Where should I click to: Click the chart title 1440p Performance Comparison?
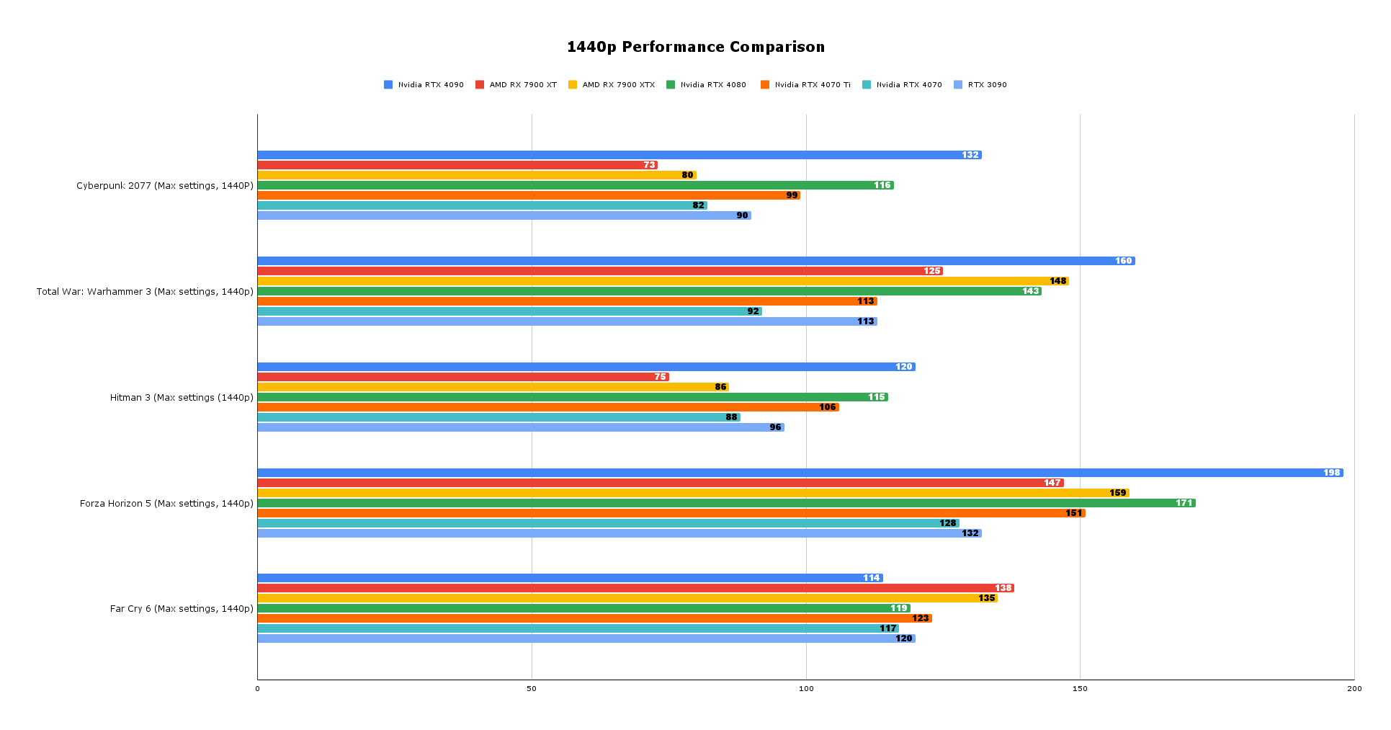tap(695, 48)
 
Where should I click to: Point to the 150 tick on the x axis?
tap(1080, 689)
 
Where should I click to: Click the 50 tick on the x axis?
tap(532, 689)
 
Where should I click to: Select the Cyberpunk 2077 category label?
tap(165, 186)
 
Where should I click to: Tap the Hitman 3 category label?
tap(182, 398)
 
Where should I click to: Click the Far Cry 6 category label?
tap(182, 609)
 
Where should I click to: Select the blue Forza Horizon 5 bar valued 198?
tap(792, 473)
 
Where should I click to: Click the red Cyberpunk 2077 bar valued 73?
tap(454, 165)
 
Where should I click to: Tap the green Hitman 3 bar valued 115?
tap(569, 397)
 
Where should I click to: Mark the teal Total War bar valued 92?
tap(504, 311)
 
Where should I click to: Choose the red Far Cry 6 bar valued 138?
tap(634, 588)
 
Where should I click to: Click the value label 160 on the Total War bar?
tap(1123, 261)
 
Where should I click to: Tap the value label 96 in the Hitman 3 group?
tap(775, 427)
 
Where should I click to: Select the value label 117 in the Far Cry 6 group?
tap(887, 628)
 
